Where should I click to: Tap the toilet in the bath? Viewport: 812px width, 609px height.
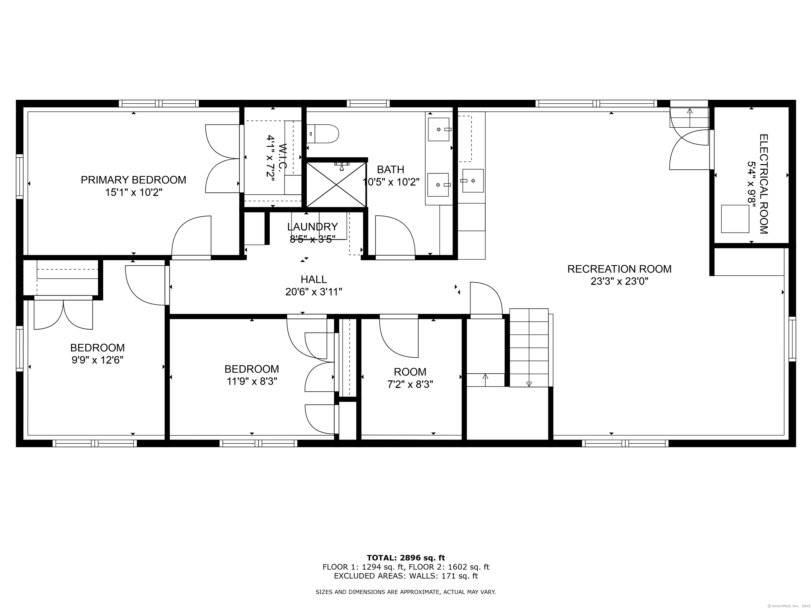click(323, 134)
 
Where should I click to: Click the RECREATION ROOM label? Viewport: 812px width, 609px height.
click(619, 269)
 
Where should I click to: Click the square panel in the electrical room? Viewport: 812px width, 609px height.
click(735, 219)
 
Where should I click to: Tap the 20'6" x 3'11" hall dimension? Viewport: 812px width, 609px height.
click(314, 292)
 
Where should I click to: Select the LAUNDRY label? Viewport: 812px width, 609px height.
click(312, 227)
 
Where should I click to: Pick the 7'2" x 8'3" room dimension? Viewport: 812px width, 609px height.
click(410, 385)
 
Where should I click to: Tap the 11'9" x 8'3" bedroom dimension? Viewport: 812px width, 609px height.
click(252, 382)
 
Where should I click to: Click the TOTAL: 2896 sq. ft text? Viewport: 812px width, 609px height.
click(406, 558)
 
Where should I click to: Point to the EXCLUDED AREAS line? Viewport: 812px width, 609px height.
click(406, 576)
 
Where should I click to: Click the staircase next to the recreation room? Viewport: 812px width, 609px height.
click(529, 348)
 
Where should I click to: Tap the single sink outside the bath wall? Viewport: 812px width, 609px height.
click(473, 181)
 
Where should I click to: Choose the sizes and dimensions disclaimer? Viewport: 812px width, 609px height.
click(406, 592)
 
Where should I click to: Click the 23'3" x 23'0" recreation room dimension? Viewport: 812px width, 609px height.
click(619, 282)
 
